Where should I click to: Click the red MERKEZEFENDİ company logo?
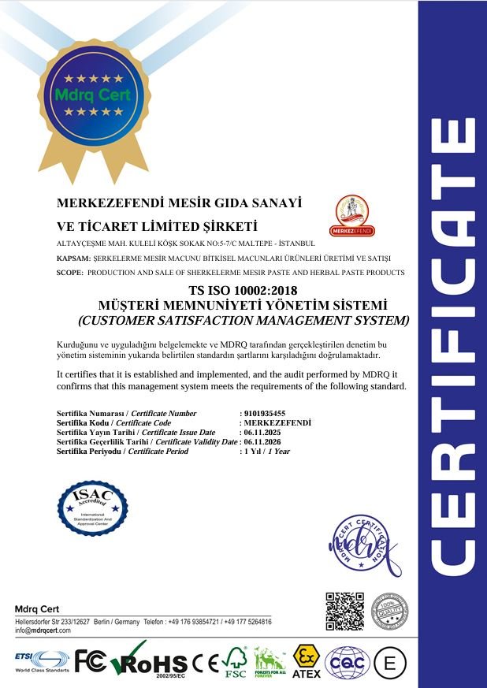355,215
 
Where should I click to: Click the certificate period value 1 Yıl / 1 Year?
268,452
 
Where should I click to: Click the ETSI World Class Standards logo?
41,660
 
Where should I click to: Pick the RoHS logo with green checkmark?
149,660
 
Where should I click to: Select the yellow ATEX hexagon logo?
306,660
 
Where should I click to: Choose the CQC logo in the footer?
347,661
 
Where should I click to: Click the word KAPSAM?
72,258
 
